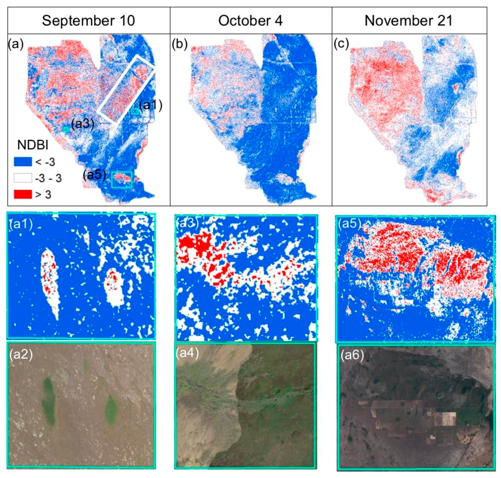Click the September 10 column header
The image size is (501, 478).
tap(88, 21)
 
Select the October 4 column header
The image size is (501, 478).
tap(250, 21)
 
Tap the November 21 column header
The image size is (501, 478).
tap(409, 21)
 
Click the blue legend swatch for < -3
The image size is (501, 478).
tap(23, 162)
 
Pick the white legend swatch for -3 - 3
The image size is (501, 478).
tap(23, 178)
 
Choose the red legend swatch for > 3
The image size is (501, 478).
tap(23, 194)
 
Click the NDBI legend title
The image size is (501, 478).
tap(33, 145)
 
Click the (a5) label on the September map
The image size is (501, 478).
tap(94, 175)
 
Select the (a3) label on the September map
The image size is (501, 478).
tap(82, 124)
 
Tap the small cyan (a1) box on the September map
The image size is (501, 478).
tap(135, 111)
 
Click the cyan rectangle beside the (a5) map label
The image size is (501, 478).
tap(122, 179)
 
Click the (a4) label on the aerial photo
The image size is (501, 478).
tap(187, 353)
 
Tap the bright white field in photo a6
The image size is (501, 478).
tap(449, 419)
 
